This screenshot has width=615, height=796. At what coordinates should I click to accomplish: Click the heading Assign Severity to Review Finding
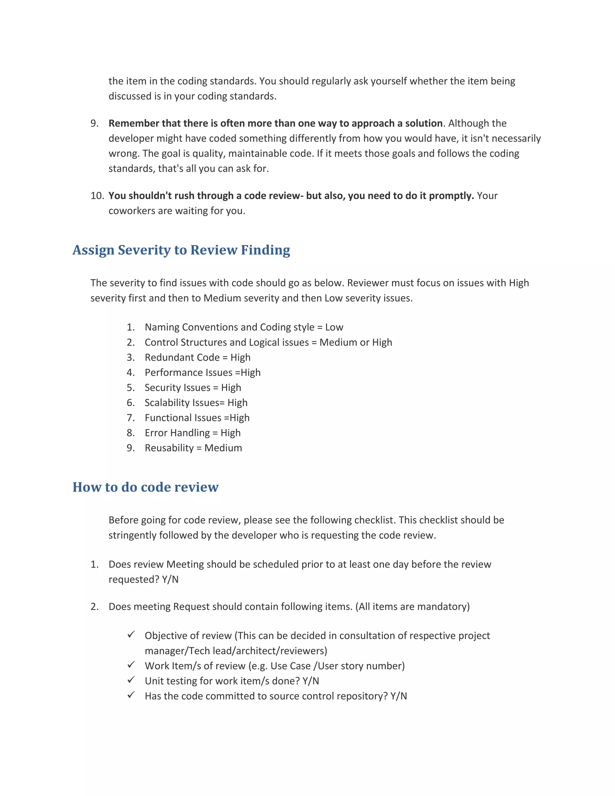pos(181,250)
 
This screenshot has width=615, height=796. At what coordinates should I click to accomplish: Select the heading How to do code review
pos(145,487)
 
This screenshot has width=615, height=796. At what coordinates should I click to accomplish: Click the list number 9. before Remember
pos(94,123)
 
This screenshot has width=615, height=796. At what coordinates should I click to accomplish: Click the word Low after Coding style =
pos(334,327)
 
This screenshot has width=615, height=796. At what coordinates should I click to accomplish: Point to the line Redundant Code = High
pos(198,357)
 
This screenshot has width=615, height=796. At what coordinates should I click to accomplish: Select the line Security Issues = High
pos(193,388)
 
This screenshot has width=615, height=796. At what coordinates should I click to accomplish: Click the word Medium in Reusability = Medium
pos(223,448)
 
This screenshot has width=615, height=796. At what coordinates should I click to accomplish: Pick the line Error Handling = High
pos(192,433)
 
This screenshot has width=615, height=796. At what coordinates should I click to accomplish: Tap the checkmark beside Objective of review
pos(131,634)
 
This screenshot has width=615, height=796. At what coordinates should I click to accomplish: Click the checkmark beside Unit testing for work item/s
pos(131,680)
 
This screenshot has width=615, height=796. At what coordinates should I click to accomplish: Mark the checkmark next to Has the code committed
pos(131,695)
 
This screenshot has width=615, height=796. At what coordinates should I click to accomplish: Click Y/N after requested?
pos(170,579)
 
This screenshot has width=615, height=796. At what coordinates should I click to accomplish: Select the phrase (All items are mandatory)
pos(412,606)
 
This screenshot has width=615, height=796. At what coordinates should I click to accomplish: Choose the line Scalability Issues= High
pos(196,403)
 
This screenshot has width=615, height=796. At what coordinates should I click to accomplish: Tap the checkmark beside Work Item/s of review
pos(131,665)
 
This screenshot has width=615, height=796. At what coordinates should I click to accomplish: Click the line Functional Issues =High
pos(197,418)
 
